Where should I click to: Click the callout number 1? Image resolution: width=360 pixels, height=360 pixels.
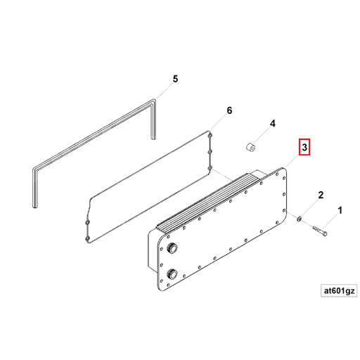[x=341, y=210]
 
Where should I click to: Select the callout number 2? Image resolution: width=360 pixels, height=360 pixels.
[x=321, y=195]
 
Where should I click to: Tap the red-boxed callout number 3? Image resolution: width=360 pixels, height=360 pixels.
[x=304, y=148]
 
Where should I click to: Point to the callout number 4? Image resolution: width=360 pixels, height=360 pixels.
[x=273, y=124]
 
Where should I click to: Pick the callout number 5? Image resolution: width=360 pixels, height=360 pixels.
[x=176, y=79]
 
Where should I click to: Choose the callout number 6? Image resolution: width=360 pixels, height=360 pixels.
[x=229, y=111]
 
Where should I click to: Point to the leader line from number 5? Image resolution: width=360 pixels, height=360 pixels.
[x=163, y=92]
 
